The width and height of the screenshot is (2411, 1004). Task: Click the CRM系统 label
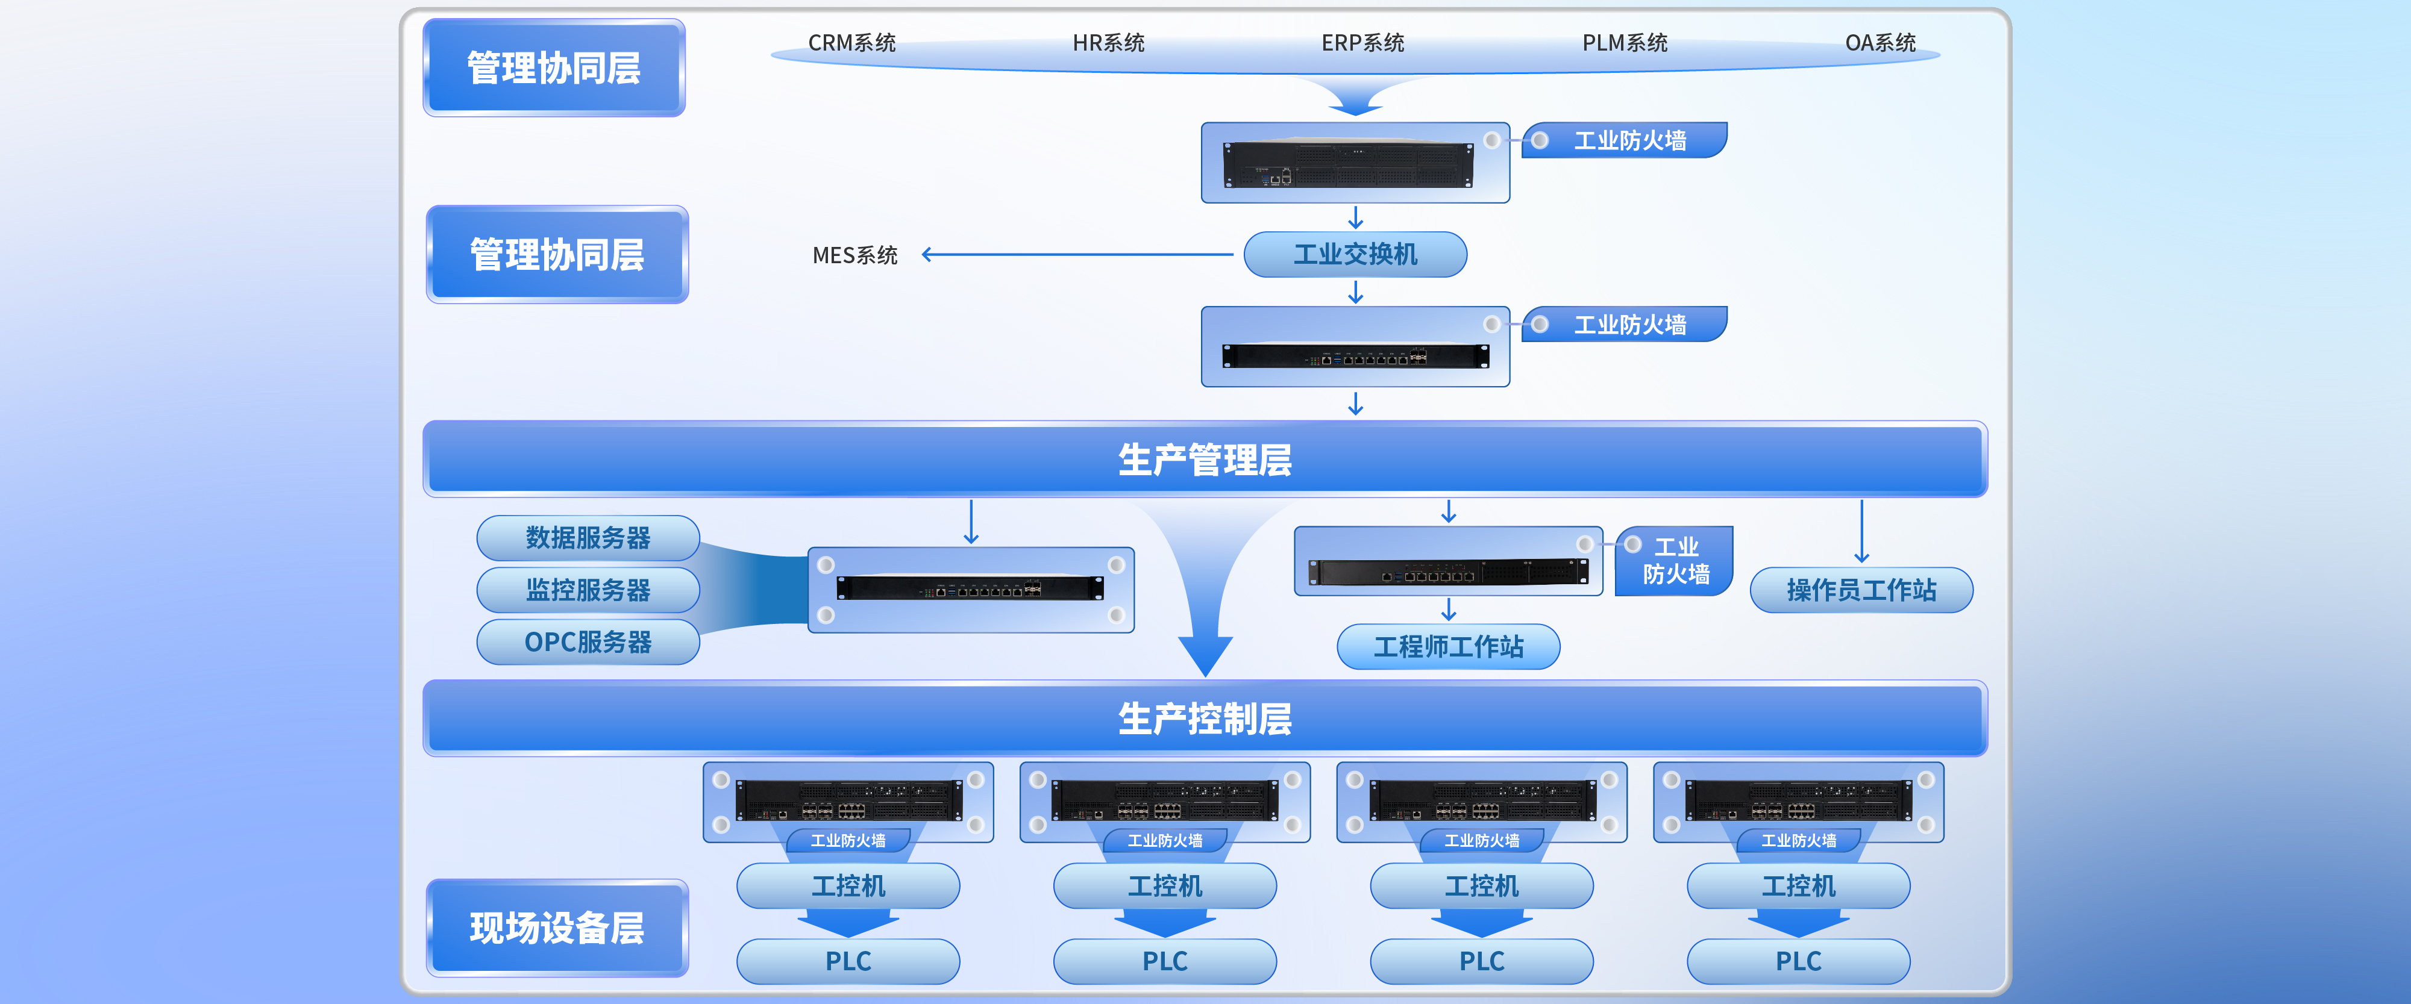coord(851,43)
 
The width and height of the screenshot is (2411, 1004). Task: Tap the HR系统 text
coord(1108,43)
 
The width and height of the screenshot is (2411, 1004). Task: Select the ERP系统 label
coord(1362,43)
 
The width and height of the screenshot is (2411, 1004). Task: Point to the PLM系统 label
coord(1625,43)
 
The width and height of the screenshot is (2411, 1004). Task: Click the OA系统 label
coord(1880,43)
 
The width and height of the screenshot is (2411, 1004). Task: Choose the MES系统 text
coord(854,255)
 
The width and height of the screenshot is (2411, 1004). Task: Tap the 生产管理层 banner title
coord(1205,460)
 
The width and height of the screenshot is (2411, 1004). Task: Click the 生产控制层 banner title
coord(1205,719)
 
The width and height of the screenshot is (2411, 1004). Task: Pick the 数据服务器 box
coord(588,538)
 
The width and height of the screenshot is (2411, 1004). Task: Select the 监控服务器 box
coord(588,590)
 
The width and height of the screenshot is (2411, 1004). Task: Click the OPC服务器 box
coord(588,642)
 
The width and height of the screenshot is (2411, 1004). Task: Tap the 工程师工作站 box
coord(1448,647)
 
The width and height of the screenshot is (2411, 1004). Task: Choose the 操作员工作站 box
coord(1861,590)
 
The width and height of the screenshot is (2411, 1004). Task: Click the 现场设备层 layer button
coord(557,928)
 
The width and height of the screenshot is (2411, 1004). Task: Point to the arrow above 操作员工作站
coord(1861,531)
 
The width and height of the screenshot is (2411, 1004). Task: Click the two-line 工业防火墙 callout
coord(1675,561)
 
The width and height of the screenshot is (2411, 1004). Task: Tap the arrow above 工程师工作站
coord(1449,610)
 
